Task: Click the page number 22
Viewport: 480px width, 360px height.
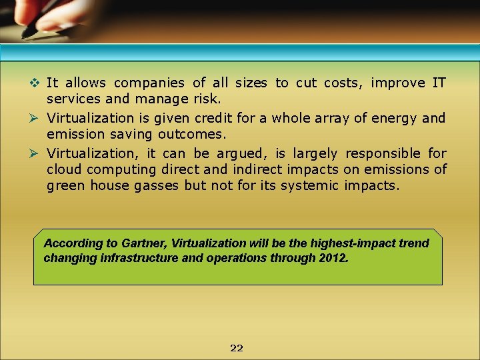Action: [x=237, y=348]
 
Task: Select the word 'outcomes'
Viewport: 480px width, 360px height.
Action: [x=193, y=133]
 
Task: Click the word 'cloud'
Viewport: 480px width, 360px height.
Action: [x=64, y=169]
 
